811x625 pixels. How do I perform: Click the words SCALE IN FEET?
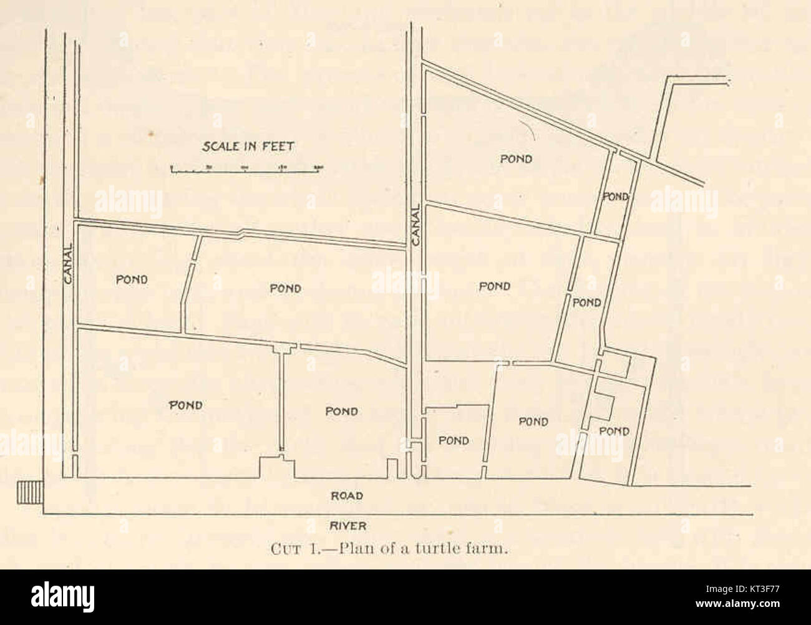coord(248,147)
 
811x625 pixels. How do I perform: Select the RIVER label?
coord(349,526)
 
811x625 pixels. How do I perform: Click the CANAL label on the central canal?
coord(417,225)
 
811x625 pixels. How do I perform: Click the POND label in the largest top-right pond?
coord(516,159)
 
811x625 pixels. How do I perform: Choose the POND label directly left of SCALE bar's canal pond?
coord(285,288)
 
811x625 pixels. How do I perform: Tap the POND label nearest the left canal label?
coord(132,279)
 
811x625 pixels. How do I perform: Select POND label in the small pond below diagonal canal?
coord(615,196)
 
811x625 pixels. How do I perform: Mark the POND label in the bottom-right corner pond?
coord(614,431)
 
